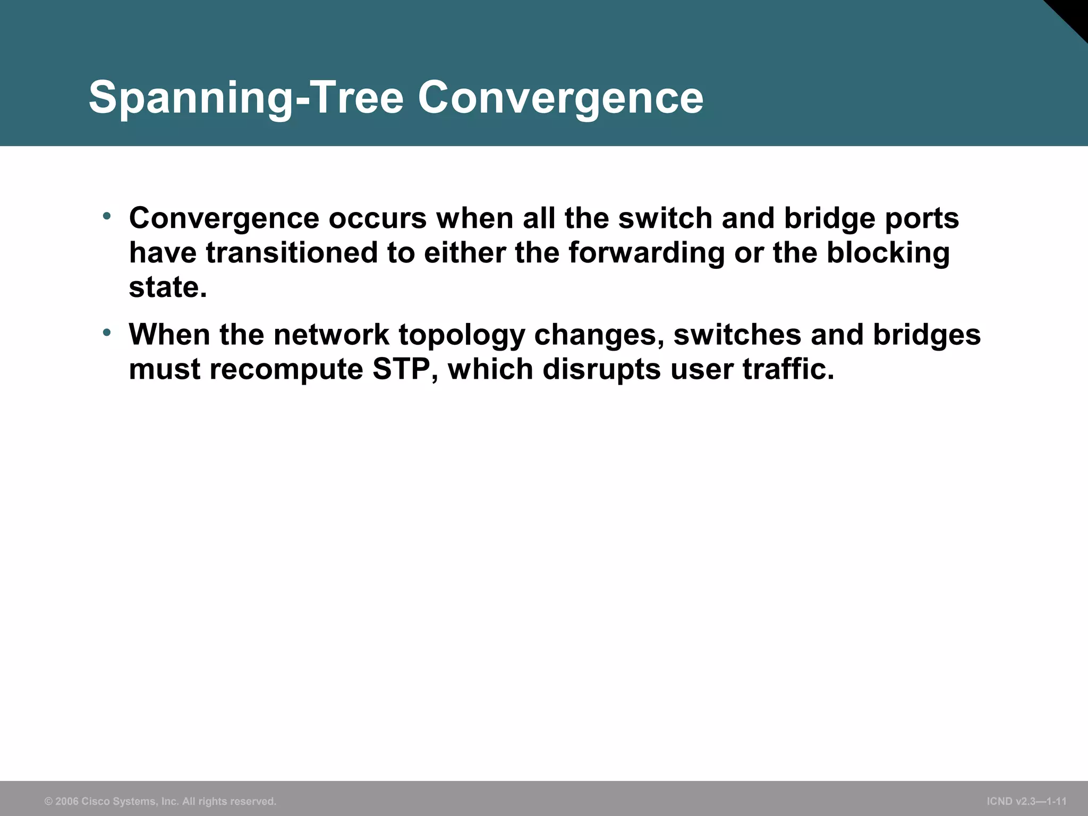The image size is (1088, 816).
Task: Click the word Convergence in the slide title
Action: pos(560,98)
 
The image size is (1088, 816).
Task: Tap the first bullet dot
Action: pos(107,216)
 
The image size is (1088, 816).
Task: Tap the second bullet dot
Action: pos(107,333)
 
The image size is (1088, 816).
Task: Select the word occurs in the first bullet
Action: pos(378,218)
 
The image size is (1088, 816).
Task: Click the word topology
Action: pos(462,335)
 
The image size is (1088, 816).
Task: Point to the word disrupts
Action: pos(601,369)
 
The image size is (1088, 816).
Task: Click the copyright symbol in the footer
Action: pos(48,801)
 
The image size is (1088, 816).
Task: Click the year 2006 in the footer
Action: pos(67,801)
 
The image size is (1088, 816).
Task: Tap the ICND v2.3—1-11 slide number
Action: pos(1026,801)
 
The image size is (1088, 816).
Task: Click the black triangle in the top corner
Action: pos(1073,13)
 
